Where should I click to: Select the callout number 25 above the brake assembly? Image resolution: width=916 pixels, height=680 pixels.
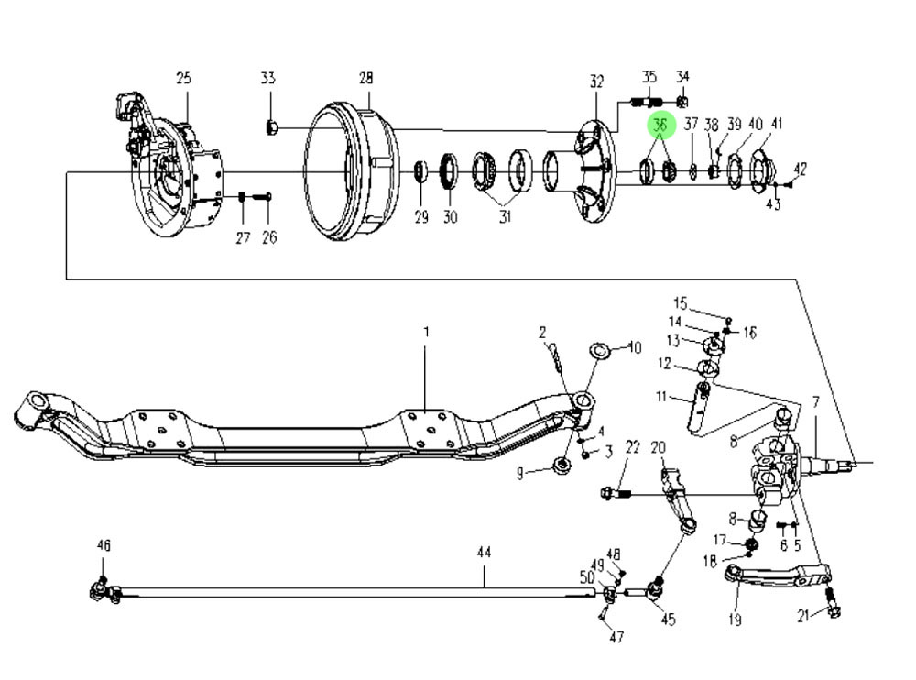[183, 79]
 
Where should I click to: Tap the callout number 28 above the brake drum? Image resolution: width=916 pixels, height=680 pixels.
[366, 79]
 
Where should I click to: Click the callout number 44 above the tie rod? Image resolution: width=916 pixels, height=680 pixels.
[485, 553]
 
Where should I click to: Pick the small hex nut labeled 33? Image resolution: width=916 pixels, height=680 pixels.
[271, 126]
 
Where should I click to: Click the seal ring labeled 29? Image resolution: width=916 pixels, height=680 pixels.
[421, 170]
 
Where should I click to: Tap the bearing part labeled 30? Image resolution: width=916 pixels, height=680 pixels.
[450, 170]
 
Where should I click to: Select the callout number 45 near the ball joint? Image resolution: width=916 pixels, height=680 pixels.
[668, 620]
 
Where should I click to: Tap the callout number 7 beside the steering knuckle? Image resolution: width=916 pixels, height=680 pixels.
[815, 402]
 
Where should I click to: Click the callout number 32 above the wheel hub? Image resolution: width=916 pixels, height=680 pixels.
[597, 82]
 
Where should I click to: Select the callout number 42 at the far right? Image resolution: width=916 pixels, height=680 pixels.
[800, 169]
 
